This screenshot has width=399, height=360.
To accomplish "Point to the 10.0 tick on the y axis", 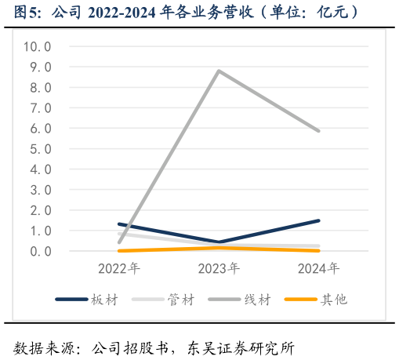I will point(38,46).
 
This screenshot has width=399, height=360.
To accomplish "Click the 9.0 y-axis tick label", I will point(40,67).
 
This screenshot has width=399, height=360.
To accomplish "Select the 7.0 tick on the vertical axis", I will point(40,108).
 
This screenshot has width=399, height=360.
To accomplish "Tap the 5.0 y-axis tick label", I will point(40,149).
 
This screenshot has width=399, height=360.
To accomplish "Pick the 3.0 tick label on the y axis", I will point(40,190).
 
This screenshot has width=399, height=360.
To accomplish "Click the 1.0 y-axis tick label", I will point(40,231).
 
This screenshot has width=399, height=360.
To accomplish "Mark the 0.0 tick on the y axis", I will point(40,251).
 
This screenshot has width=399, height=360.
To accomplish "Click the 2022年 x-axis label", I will point(119,269).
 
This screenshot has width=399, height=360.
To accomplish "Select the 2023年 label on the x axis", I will point(219,269).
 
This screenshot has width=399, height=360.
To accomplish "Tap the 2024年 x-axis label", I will point(318,269).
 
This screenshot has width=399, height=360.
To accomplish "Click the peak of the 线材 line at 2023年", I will point(219,71).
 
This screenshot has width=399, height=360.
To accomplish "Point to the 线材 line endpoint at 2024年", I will point(318,131).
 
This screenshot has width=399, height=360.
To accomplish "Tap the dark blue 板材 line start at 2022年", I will point(119,224).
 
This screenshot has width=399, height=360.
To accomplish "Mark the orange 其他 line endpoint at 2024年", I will point(318,250).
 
